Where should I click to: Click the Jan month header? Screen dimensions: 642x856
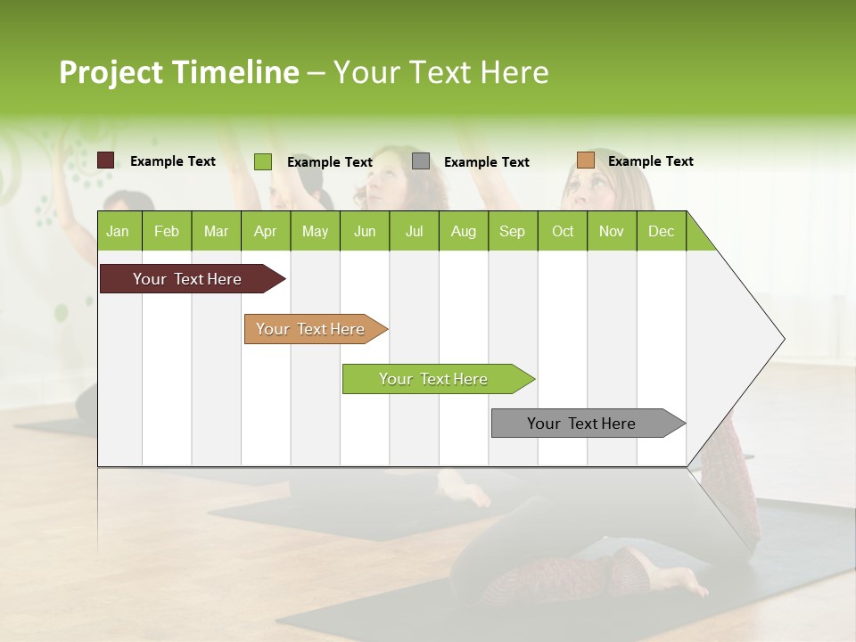[118, 231]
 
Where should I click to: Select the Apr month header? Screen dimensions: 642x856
[265, 231]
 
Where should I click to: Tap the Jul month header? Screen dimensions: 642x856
[414, 231]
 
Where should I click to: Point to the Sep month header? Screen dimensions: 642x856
[512, 231]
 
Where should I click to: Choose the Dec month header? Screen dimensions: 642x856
[661, 231]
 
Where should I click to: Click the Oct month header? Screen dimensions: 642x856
[563, 231]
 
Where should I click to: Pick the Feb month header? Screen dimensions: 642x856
[167, 231]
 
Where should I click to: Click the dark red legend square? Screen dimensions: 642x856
[106, 160]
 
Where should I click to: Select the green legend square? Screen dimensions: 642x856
[263, 161]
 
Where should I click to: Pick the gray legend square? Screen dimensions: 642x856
[421, 161]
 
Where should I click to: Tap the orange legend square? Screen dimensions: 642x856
[585, 160]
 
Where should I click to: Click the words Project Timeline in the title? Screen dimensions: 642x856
[178, 72]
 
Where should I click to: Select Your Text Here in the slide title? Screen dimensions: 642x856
[440, 72]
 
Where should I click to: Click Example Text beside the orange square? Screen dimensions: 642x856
[650, 161]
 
